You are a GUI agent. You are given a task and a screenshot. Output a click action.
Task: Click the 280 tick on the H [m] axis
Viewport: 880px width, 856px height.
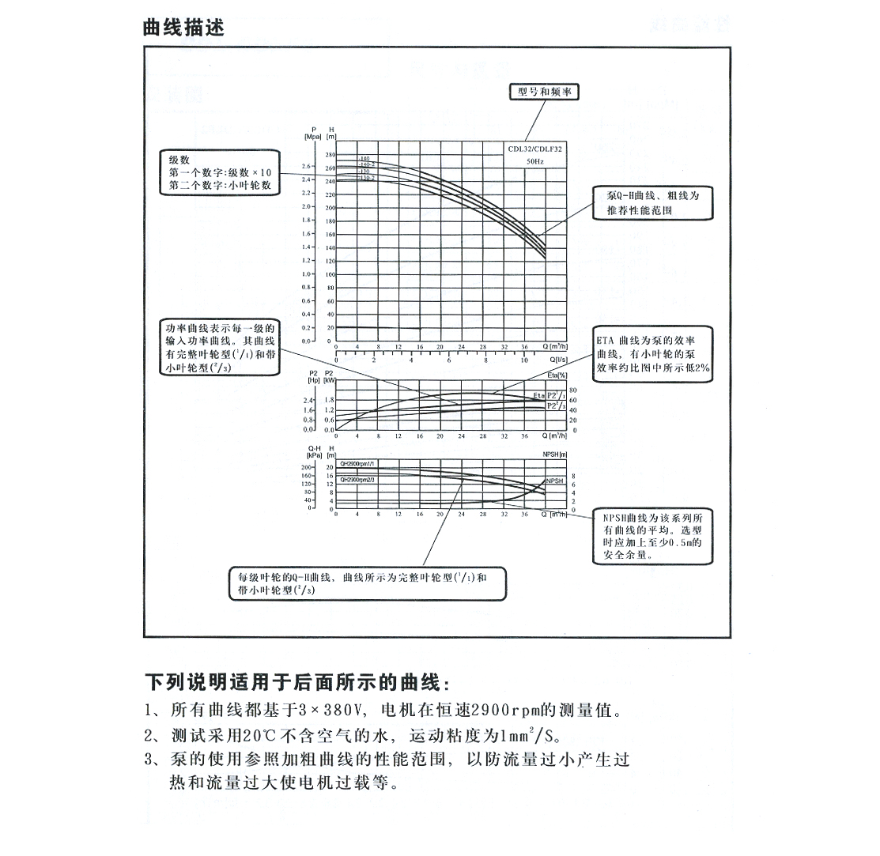point(330,155)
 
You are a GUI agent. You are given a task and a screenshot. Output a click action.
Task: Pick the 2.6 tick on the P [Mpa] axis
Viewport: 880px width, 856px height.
point(307,167)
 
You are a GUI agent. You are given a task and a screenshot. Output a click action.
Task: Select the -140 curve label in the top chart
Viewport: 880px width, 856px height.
point(364,159)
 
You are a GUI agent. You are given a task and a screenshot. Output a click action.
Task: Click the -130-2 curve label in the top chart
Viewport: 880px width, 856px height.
point(366,179)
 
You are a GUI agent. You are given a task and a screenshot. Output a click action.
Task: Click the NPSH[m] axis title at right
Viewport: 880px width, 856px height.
point(556,454)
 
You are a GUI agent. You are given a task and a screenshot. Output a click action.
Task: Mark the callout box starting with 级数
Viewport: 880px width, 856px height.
point(220,172)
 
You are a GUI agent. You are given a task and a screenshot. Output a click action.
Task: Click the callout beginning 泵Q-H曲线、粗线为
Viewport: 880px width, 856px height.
point(653,202)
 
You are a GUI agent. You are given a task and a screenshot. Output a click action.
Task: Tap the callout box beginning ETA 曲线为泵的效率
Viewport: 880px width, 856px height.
point(653,353)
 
